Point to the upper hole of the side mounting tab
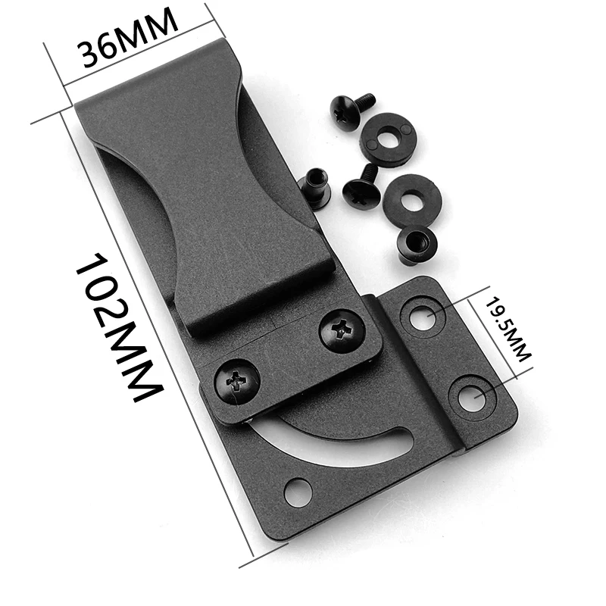click(423, 314)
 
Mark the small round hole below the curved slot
click(298, 492)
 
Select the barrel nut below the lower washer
click(415, 245)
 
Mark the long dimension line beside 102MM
click(155, 341)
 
